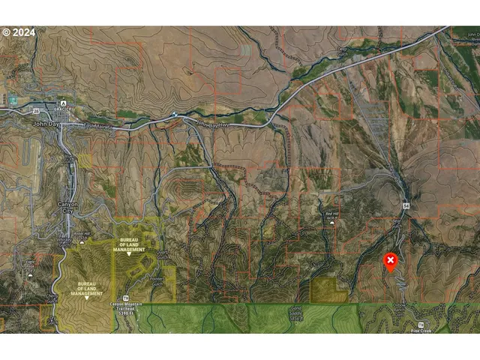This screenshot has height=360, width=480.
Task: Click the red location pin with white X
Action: pyautogui.click(x=391, y=261)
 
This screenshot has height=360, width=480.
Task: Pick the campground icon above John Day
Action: pyautogui.click(x=63, y=103)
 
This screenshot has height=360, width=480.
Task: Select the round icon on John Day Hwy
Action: pyautogui.click(x=174, y=115)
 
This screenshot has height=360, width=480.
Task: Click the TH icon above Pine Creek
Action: pyautogui.click(x=421, y=323)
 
